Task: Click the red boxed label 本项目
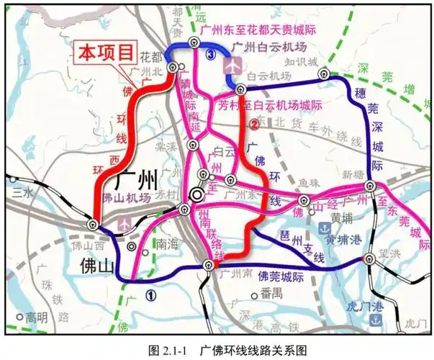(107, 53)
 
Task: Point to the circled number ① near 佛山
(150, 294)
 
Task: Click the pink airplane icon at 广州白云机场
(231, 64)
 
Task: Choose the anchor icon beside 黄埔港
(324, 228)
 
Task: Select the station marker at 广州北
(173, 67)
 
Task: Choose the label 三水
(22, 192)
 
